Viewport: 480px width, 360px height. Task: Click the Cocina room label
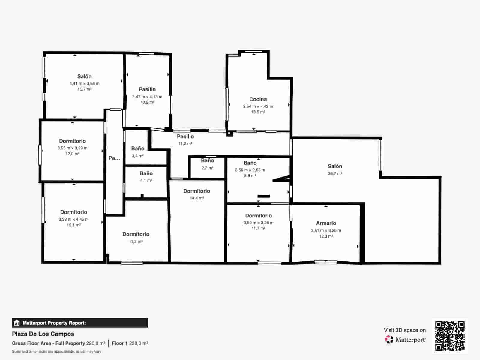258,99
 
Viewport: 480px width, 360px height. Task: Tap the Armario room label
326,223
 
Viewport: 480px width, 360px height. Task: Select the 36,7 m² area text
335,173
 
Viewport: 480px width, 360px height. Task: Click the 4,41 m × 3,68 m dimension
84,84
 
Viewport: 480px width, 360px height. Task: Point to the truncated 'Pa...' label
114,158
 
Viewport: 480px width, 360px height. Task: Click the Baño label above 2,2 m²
207,160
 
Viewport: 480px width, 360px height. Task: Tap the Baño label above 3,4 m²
138,148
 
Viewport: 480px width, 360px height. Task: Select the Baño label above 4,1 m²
146,173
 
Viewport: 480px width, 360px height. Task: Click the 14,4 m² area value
197,198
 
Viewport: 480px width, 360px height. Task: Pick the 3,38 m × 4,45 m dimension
74,220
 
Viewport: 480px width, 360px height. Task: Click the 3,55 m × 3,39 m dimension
72,148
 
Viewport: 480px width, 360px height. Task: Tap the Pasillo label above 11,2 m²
185,136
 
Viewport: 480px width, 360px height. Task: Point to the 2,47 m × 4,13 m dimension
147,97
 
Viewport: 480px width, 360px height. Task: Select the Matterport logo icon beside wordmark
389,340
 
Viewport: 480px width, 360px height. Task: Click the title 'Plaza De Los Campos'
43,334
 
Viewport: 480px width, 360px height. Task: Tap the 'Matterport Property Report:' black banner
80,323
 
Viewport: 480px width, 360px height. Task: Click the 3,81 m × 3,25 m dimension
326,231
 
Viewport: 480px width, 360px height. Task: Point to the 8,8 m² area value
250,176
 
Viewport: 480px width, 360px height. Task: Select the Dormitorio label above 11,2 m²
136,234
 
